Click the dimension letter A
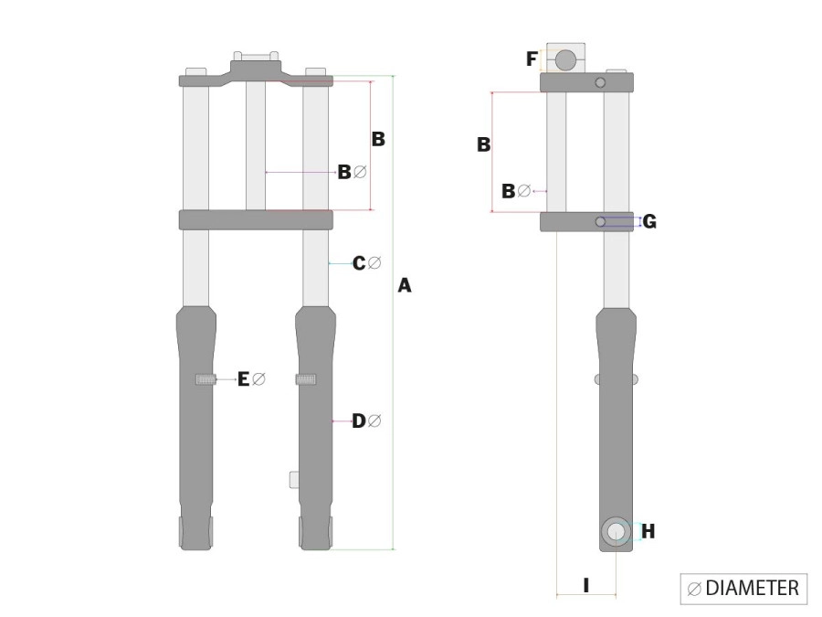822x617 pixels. pos(405,286)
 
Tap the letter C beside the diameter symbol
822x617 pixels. pos(359,263)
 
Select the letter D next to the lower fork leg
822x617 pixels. pos(359,420)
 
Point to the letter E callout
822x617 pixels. pos(244,378)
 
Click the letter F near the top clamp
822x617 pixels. pos(532,59)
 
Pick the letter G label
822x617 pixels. pos(649,221)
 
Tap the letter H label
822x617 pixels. pos(648,531)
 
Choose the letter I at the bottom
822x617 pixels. pos(585,584)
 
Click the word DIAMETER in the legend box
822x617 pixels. pos(753,588)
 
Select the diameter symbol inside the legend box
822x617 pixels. pos(694,589)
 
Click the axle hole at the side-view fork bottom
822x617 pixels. pos(616,532)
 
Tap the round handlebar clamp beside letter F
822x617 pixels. pos(566,60)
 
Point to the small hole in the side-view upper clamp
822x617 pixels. pos(600,83)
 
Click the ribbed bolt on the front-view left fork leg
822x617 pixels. pos(205,379)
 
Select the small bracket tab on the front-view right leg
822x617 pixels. pos(293,479)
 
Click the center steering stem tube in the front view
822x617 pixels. pos(256,146)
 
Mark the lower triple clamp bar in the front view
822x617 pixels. pos(256,219)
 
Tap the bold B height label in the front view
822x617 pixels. pos(377,140)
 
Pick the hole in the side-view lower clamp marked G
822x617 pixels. pos(600,222)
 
